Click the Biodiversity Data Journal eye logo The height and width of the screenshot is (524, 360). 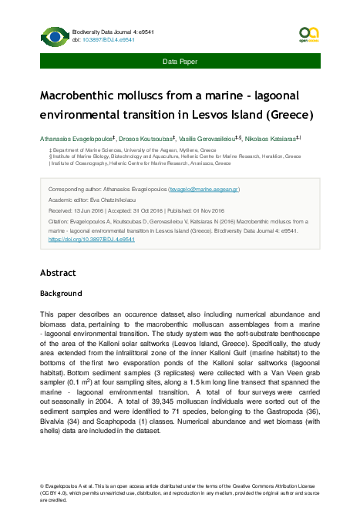[x=54, y=36]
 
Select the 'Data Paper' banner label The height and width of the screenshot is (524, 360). [x=180, y=60]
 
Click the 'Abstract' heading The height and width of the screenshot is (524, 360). [x=58, y=273]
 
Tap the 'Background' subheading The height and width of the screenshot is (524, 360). [x=60, y=294]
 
